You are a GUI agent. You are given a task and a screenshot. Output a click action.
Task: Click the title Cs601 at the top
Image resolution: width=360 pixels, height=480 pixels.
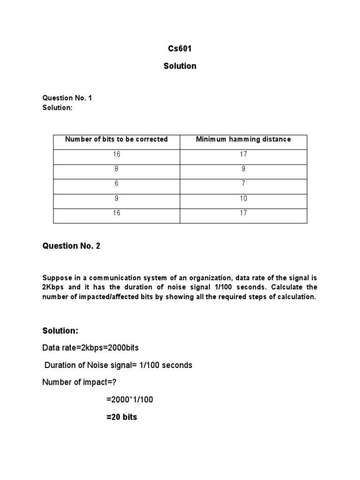[x=180, y=48]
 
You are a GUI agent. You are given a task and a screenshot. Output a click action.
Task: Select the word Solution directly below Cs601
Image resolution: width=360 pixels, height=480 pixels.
[x=180, y=66]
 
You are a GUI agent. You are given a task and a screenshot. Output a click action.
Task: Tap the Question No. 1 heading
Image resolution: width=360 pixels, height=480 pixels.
[x=71, y=98]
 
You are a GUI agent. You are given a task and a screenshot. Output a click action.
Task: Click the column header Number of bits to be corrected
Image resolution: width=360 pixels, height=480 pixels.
[x=116, y=139]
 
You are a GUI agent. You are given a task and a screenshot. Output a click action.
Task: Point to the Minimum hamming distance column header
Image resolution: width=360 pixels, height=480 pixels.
[x=243, y=139]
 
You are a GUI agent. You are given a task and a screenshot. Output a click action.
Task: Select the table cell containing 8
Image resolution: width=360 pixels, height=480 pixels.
[x=116, y=169]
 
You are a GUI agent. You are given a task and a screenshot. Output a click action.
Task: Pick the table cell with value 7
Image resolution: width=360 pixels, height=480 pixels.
[x=243, y=183]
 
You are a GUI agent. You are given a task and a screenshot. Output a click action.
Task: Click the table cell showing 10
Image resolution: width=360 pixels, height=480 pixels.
[x=243, y=198]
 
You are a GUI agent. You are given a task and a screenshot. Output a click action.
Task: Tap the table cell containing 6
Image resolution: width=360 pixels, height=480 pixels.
[x=116, y=183]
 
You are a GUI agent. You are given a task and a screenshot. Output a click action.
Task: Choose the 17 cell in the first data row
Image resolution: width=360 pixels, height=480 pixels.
[x=243, y=154]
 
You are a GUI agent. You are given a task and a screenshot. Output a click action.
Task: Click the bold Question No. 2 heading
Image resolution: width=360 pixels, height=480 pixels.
[x=71, y=246]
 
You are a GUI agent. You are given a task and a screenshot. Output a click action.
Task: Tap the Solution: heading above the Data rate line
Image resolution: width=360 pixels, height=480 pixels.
[x=60, y=331]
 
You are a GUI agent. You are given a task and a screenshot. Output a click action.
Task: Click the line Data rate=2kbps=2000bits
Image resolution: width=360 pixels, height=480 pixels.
[x=90, y=348]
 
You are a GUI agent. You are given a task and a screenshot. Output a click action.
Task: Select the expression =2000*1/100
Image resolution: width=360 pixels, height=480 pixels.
[x=130, y=399]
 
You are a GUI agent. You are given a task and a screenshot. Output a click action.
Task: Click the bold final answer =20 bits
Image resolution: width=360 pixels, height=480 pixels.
[x=122, y=417]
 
